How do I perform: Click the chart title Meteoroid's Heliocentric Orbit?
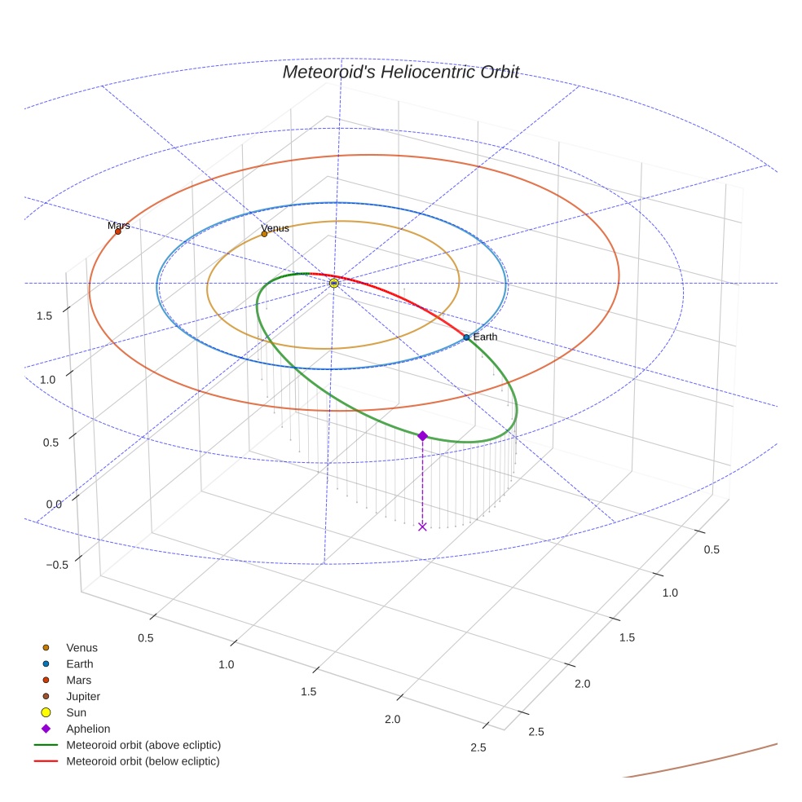click(x=400, y=72)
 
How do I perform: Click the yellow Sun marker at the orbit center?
click(x=334, y=283)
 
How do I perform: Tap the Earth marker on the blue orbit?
click(x=466, y=337)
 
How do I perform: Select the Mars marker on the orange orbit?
click(x=117, y=231)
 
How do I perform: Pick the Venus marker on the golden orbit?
click(x=264, y=234)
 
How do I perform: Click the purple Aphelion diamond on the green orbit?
click(x=422, y=436)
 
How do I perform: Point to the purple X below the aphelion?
click(x=422, y=527)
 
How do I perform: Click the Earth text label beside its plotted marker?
click(x=485, y=337)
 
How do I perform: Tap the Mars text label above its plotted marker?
click(x=119, y=225)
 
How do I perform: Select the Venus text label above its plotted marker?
click(x=275, y=228)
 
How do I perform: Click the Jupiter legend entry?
click(x=82, y=696)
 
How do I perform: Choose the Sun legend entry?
click(x=76, y=712)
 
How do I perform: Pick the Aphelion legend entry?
click(x=88, y=729)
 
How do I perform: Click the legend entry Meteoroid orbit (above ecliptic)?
click(x=143, y=745)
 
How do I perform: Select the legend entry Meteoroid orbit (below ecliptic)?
click(x=143, y=761)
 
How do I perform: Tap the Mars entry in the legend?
click(x=78, y=680)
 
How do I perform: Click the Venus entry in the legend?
click(x=82, y=647)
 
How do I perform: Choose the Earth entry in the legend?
click(x=80, y=663)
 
